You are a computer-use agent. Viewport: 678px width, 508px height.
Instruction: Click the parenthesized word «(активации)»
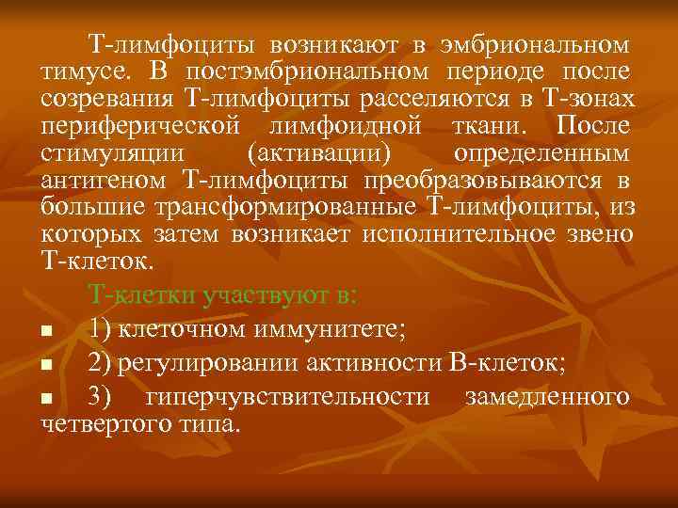point(318,153)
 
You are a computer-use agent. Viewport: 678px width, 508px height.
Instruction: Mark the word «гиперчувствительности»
point(289,397)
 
